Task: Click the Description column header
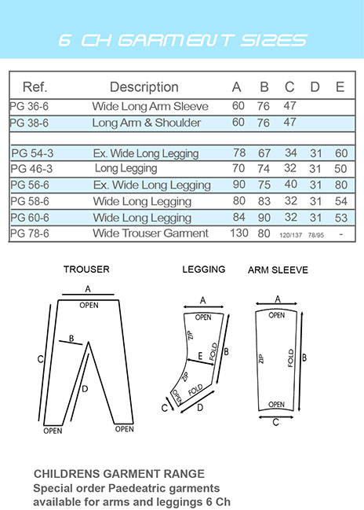tap(144, 87)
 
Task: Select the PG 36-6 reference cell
tap(29, 106)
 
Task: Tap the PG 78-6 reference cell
tap(30, 233)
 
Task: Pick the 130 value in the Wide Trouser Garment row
tap(239, 233)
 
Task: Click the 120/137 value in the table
tap(290, 235)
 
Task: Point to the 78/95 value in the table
tap(316, 235)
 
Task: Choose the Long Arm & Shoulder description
tap(147, 123)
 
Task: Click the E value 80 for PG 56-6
tap(341, 185)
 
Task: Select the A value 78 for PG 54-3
tap(239, 153)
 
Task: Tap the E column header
tap(340, 87)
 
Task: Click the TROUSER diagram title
tap(86, 270)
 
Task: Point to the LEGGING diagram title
tap(204, 270)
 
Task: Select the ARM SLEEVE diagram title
tap(278, 270)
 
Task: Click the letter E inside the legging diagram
tap(200, 356)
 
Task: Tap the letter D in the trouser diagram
tap(85, 389)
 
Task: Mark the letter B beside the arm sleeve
tap(304, 358)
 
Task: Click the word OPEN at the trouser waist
tap(89, 306)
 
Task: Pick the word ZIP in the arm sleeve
tap(260, 359)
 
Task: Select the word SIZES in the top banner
tap(274, 40)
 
